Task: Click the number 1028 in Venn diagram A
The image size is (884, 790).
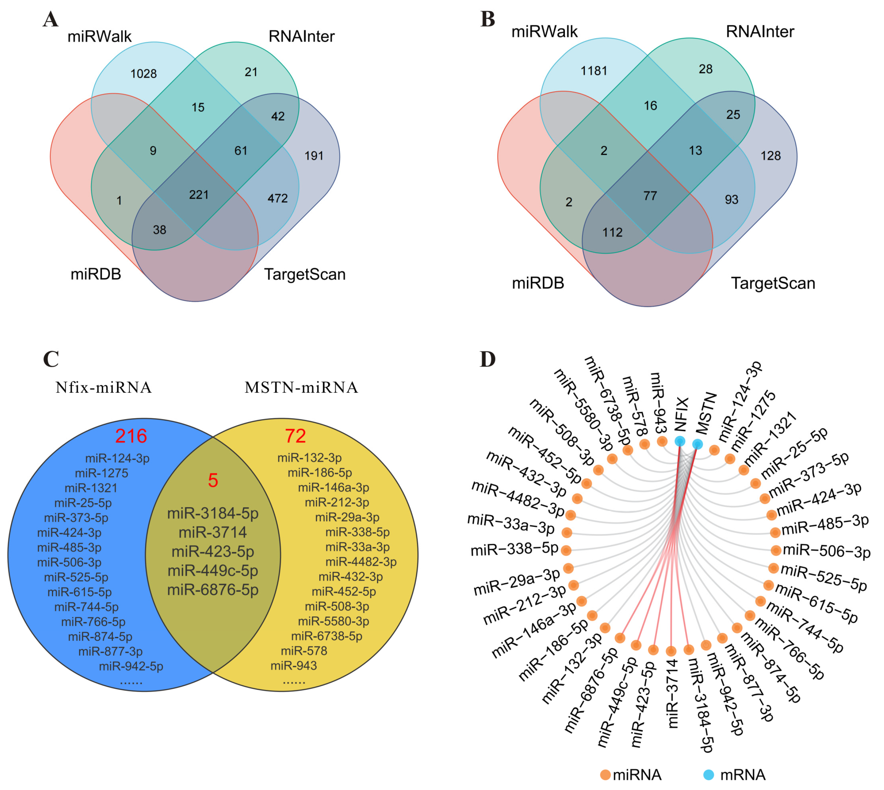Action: point(144,74)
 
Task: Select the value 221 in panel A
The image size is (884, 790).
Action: point(199,194)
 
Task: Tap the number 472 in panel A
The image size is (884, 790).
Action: point(278,199)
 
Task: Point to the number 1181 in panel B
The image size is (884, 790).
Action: point(594,71)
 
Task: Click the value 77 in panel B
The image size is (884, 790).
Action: point(650,196)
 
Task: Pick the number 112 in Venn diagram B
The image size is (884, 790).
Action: point(612,233)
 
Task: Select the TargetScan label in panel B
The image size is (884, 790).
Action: point(773,283)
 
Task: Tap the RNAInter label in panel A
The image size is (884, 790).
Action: point(302,36)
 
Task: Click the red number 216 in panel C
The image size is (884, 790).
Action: point(131,436)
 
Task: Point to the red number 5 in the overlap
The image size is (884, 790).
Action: point(213,480)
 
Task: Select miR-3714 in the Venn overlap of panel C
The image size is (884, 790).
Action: point(213,532)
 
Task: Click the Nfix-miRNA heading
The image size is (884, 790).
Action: point(104,387)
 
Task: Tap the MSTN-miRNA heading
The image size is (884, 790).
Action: point(301,387)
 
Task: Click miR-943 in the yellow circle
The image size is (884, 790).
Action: point(294,665)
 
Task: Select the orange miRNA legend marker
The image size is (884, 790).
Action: point(605,775)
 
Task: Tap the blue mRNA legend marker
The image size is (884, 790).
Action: point(709,775)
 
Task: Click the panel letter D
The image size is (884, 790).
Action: point(488,359)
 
